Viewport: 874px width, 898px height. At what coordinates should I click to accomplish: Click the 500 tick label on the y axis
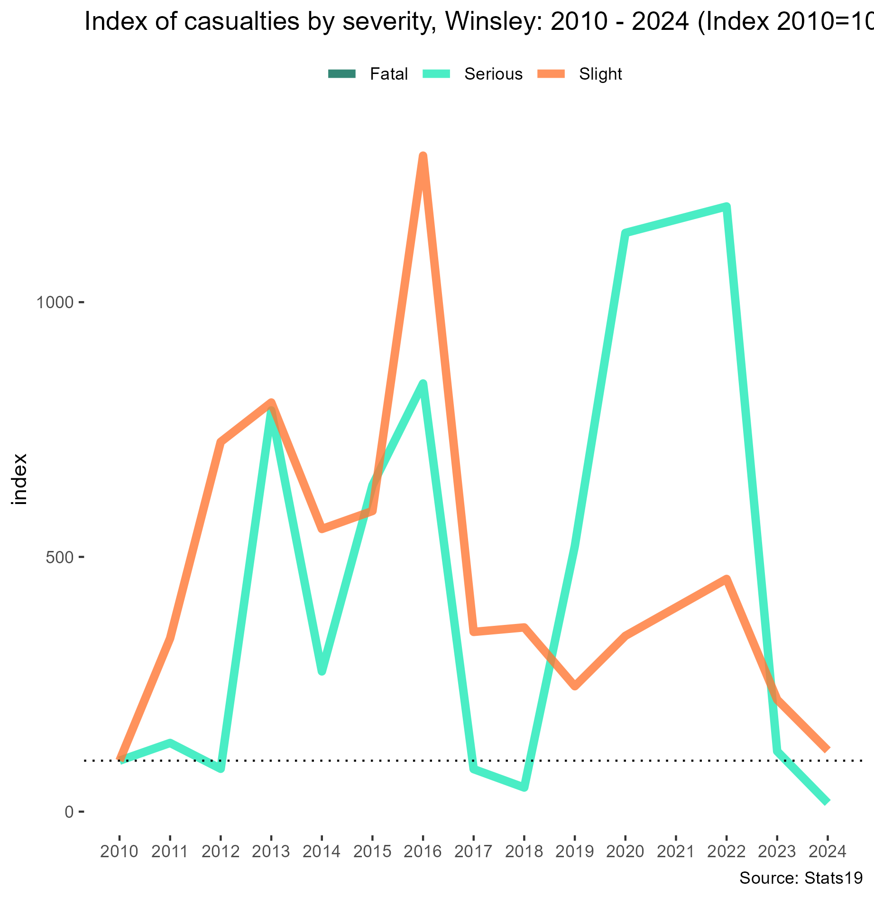(x=60, y=557)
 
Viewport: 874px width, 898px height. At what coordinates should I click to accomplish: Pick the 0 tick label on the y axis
(x=69, y=812)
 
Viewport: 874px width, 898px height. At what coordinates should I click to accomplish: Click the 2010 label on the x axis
(x=120, y=852)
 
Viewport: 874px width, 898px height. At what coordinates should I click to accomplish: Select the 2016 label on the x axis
(x=423, y=852)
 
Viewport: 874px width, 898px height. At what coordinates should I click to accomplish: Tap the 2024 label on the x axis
(x=827, y=852)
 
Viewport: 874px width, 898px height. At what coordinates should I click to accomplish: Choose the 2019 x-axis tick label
(x=574, y=852)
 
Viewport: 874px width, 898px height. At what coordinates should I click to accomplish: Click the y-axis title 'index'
(x=20, y=479)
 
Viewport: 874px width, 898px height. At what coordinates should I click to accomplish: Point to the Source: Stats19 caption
(x=801, y=879)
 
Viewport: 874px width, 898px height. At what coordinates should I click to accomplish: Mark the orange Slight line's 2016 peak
(x=423, y=156)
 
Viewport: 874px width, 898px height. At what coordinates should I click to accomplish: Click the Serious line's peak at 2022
(x=726, y=207)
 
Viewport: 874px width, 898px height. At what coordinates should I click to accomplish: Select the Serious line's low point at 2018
(x=524, y=788)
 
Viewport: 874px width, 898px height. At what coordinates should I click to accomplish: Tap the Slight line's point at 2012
(x=221, y=442)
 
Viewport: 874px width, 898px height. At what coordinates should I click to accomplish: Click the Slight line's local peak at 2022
(x=726, y=579)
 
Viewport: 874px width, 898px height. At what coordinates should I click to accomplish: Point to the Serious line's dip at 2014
(x=322, y=671)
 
